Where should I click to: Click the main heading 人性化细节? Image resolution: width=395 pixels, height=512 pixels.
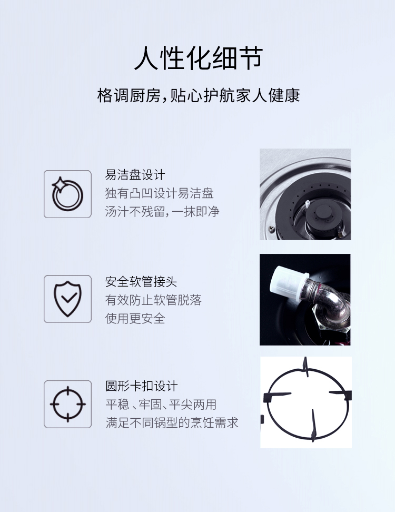[x=199, y=58]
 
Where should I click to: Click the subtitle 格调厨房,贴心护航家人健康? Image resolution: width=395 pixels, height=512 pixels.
[x=199, y=96]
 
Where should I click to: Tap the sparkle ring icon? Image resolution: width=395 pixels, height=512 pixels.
[x=67, y=194]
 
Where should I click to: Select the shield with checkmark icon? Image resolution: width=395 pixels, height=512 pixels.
[x=67, y=299]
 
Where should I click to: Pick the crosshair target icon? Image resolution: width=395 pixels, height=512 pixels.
[x=67, y=404]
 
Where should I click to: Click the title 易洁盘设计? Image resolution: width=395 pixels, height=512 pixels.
[x=135, y=175]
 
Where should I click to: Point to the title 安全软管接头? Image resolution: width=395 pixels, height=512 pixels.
[x=141, y=281]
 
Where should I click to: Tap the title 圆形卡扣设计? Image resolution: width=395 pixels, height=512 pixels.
[x=141, y=386]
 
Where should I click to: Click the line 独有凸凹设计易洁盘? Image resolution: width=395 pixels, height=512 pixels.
[x=159, y=193]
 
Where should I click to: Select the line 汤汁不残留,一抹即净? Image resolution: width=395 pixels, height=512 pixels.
[x=162, y=212]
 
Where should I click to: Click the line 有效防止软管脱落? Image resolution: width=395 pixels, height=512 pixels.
[x=153, y=300]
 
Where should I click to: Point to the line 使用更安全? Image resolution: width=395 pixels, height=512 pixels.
[x=135, y=318]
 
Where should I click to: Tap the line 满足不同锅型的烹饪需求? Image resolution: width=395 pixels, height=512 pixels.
[x=172, y=423]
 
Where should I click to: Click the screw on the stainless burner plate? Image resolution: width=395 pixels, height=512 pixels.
[x=271, y=229]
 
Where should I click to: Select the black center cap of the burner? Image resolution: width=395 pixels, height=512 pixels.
[x=322, y=214]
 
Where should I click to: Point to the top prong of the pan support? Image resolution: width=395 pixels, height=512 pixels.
[x=305, y=367]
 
